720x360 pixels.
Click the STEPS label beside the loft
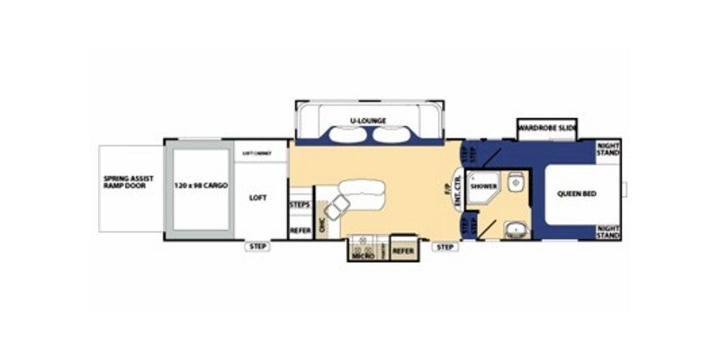click(300, 205)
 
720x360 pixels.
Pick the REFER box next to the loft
click(300, 230)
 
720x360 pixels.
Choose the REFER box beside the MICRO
click(402, 251)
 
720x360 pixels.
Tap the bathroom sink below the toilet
click(514, 229)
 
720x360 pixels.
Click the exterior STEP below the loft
click(259, 247)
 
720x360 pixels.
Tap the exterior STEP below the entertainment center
click(444, 247)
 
